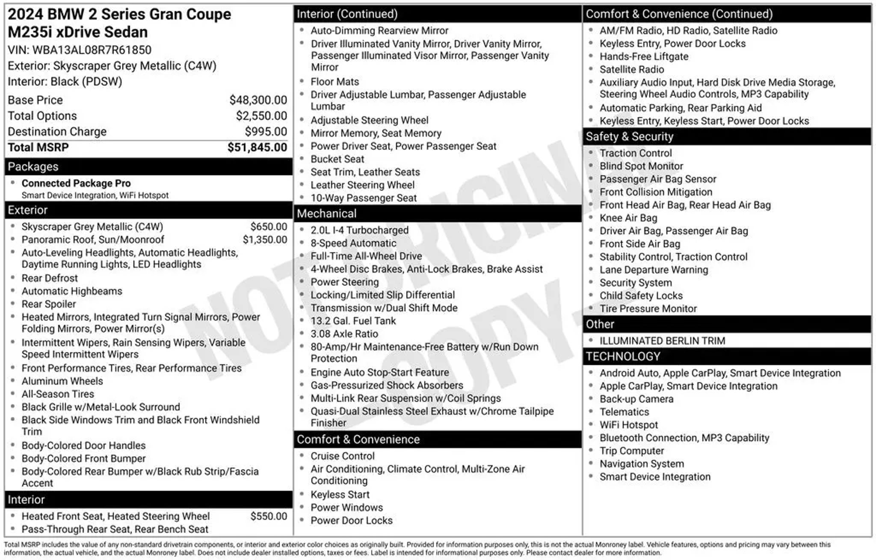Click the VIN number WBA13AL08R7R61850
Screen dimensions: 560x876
tap(92, 50)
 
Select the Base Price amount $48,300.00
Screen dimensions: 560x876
tap(258, 100)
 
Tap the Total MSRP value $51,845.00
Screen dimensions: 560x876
tap(257, 147)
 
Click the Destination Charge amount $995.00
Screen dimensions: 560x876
tap(266, 132)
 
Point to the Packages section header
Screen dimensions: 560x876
tap(33, 167)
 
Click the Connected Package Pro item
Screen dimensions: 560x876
tap(76, 183)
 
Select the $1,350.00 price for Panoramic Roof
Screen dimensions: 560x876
tap(265, 239)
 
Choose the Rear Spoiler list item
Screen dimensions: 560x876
tap(49, 304)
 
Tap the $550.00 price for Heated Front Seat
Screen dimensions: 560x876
tap(269, 516)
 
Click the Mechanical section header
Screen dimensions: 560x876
tap(326, 213)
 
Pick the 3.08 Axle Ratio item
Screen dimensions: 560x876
tap(344, 334)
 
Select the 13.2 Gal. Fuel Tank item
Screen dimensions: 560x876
tap(353, 321)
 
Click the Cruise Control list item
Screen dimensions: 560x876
tap(343, 456)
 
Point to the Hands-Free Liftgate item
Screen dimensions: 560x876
tap(644, 56)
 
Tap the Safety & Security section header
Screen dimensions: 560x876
tap(629, 137)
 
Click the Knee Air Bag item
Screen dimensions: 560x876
tap(628, 218)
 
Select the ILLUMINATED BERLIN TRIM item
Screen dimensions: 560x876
tap(662, 341)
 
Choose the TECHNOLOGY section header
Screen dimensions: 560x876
tap(623, 357)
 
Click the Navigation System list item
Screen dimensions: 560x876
tap(642, 464)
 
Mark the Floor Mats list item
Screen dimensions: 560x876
tap(334, 82)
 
